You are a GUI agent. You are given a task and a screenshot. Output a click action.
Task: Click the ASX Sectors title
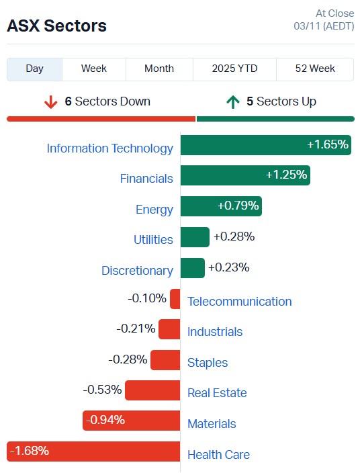click(56, 26)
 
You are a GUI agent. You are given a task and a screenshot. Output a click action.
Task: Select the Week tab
click(94, 69)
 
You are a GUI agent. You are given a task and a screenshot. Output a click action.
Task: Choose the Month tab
click(159, 69)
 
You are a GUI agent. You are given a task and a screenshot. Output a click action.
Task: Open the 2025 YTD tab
click(234, 69)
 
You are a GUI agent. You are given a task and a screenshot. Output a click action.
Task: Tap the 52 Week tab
click(315, 69)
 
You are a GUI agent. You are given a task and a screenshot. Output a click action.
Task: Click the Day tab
click(34, 69)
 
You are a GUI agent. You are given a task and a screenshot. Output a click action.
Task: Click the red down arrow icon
click(50, 102)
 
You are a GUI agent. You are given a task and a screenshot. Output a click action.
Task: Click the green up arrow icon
click(232, 102)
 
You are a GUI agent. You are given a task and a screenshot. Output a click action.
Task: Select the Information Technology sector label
click(109, 148)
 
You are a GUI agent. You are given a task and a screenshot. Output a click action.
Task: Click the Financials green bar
click(245, 175)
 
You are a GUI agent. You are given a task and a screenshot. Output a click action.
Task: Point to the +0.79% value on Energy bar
click(238, 206)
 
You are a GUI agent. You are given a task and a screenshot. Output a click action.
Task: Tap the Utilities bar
click(195, 237)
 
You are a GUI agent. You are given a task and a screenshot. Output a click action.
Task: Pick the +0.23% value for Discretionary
click(228, 267)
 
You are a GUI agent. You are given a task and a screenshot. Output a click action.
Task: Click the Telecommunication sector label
click(239, 302)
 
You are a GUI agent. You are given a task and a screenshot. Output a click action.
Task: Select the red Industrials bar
click(169, 329)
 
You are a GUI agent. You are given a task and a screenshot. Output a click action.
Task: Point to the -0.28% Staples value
click(128, 359)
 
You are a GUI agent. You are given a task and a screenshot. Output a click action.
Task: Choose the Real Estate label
click(217, 393)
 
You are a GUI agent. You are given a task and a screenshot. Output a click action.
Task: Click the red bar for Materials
click(131, 421)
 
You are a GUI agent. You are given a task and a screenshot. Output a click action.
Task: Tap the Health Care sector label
click(218, 455)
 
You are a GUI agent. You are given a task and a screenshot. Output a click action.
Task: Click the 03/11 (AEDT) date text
click(324, 26)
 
